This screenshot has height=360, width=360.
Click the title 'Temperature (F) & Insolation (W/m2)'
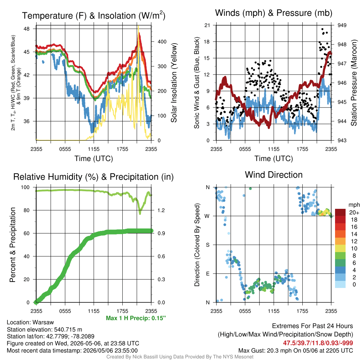click(94, 15)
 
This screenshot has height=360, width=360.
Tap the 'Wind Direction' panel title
click(274, 175)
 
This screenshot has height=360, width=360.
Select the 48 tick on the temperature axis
click(27, 29)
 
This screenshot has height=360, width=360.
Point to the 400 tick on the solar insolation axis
click(162, 41)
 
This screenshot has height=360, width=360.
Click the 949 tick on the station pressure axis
click(342, 25)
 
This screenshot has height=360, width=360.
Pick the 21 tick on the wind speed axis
click(207, 25)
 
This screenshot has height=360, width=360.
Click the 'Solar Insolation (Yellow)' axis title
click(174, 83)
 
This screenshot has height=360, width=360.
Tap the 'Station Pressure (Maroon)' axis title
click(354, 83)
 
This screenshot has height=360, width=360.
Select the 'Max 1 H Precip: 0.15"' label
click(136, 318)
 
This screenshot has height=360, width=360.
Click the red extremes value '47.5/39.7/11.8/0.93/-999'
click(318, 343)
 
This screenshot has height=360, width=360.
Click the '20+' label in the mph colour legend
click(354, 212)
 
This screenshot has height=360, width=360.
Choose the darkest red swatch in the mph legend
click(340, 212)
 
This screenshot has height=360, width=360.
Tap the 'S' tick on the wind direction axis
click(207, 245)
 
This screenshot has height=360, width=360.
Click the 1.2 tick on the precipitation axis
click(161, 210)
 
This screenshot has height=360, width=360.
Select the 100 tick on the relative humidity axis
click(25, 187)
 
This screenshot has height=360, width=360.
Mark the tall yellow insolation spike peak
click(139, 26)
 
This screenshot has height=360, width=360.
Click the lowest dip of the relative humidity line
click(140, 213)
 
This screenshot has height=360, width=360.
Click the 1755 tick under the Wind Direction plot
click(302, 311)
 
